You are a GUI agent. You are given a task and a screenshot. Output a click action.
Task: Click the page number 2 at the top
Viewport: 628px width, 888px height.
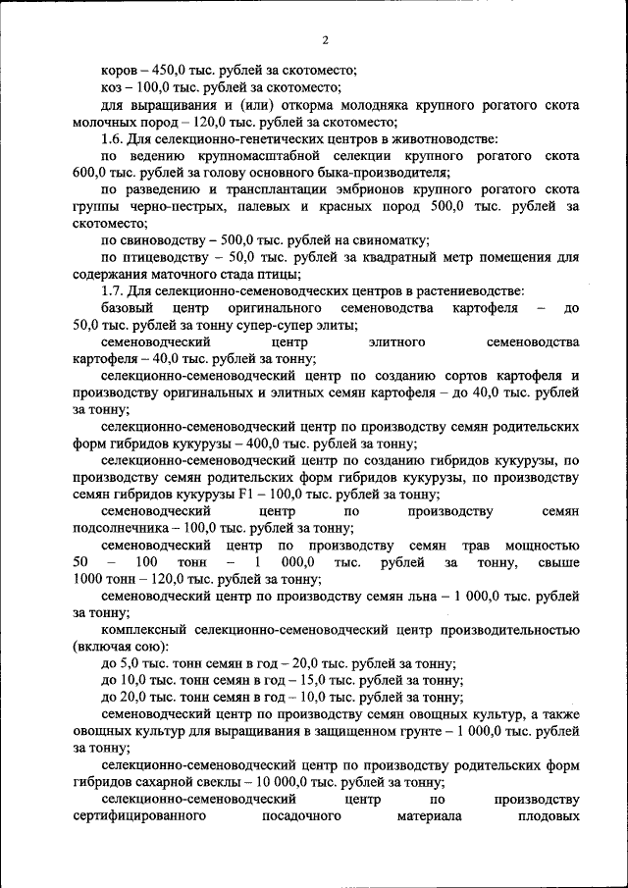coord(324,40)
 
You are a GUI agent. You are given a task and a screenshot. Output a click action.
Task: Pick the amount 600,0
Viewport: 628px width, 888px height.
coord(92,174)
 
